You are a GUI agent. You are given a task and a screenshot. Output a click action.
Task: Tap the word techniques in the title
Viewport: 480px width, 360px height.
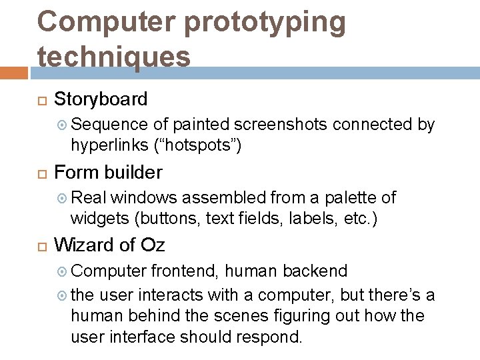(114, 56)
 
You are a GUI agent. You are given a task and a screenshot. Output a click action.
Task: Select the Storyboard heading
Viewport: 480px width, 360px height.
(101, 99)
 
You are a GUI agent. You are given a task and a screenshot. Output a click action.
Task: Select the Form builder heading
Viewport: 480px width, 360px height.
(108, 173)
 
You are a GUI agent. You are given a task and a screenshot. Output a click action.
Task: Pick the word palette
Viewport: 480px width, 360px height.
(351, 198)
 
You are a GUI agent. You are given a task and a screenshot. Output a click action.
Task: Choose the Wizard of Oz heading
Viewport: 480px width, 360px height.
(109, 245)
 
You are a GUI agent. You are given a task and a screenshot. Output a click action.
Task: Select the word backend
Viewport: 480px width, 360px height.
(315, 271)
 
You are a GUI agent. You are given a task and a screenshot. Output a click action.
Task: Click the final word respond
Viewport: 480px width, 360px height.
(273, 336)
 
